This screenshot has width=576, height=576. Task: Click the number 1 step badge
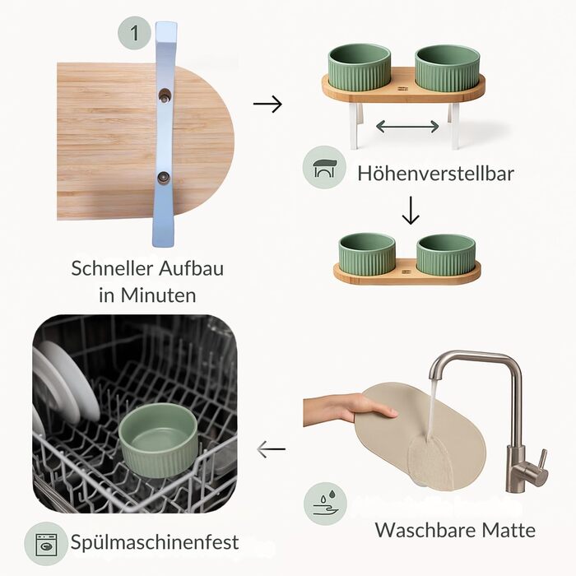tap(134, 33)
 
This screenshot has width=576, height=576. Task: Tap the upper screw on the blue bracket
tap(165, 96)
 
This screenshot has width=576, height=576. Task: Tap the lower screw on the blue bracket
tap(163, 178)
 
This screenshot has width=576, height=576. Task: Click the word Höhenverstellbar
tap(435, 173)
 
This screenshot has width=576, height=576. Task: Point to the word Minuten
tap(158, 295)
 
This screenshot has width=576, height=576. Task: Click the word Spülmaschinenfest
tap(155, 542)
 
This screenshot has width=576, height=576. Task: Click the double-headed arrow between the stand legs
tap(407, 127)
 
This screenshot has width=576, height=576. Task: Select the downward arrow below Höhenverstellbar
tap(411, 210)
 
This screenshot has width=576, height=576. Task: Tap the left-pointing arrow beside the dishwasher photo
tap(271, 449)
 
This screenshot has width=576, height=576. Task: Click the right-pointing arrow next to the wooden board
tap(267, 104)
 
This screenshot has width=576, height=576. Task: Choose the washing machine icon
tap(46, 545)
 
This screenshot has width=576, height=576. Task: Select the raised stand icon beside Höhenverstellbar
tap(324, 168)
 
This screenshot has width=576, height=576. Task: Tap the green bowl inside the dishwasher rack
tap(158, 439)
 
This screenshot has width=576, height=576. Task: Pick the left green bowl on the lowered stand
tap(367, 253)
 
